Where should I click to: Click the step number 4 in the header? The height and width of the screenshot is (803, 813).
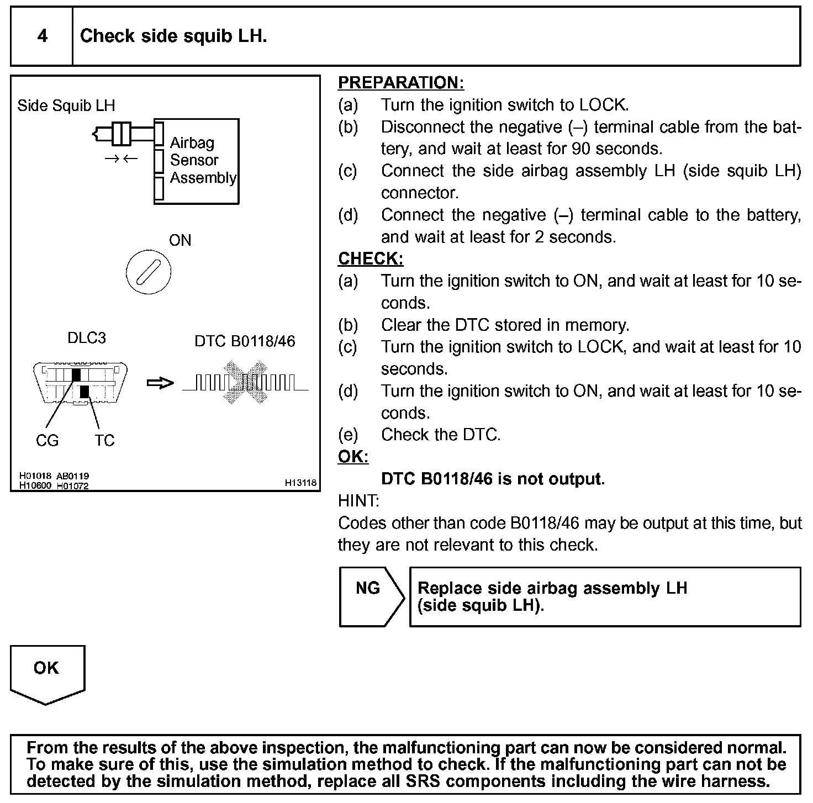point(42,36)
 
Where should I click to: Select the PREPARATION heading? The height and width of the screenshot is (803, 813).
point(400,83)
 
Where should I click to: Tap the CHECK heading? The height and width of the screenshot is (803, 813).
point(370,259)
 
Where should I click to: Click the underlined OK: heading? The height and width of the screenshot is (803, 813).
point(353,457)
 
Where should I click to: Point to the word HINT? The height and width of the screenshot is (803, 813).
point(358,501)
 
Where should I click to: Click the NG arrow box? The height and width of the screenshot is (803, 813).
point(370,596)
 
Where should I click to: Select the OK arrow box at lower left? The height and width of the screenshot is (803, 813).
point(47,673)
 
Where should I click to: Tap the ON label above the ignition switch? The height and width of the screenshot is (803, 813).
point(180,240)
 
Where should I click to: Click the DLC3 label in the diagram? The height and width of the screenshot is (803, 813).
point(87,338)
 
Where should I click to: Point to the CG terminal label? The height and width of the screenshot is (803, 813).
point(47,441)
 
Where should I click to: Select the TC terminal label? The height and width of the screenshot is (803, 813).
point(104,441)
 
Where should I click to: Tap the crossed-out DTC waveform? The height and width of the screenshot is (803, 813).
point(245,382)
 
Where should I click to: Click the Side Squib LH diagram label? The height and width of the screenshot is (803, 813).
point(66,105)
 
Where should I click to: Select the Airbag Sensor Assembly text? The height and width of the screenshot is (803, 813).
point(202,160)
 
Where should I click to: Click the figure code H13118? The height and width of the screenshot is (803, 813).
point(301,483)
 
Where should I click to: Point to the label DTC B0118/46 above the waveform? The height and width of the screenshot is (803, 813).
point(245,341)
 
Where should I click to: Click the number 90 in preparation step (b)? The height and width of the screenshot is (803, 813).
point(582,149)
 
